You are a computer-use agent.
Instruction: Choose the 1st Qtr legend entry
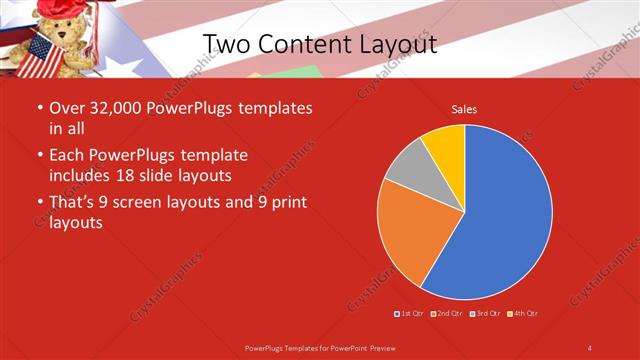(x=409, y=314)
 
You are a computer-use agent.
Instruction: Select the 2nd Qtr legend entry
(x=447, y=314)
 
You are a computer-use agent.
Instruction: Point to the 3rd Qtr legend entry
(x=486, y=314)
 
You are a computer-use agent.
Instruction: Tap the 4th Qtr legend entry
(x=524, y=314)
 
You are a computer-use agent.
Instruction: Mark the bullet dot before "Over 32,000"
(x=39, y=107)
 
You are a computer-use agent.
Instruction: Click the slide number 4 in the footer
(x=590, y=347)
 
